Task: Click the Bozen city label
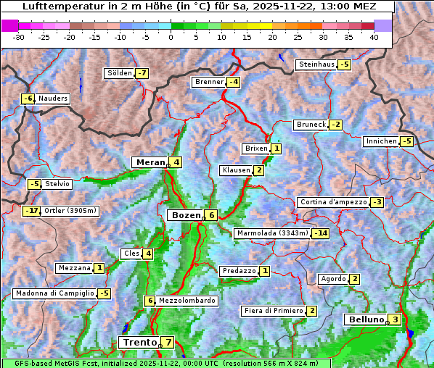[185, 215]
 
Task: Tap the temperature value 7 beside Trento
[168, 342]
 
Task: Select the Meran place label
[150, 162]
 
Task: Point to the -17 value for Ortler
[31, 211]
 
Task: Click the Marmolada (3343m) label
[273, 233]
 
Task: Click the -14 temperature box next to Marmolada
[321, 233]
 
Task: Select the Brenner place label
[210, 82]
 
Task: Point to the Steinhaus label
[316, 64]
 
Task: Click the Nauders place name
[53, 99]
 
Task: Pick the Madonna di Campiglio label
[55, 293]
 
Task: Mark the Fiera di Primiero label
[274, 311]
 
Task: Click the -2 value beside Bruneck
[335, 125]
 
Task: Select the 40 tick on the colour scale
[374, 37]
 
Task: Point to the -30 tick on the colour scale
[19, 37]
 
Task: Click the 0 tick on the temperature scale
[171, 37]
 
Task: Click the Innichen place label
[382, 141]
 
